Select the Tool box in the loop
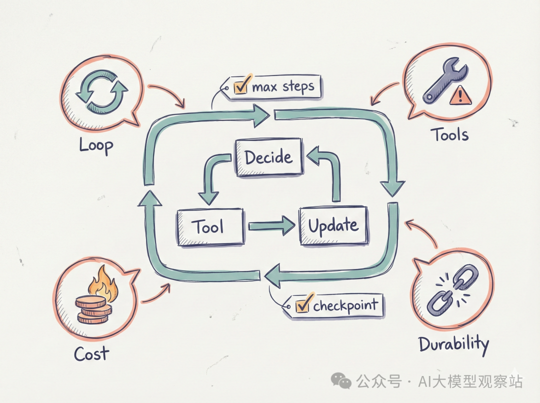210,227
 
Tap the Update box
333,225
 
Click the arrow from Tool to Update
271,226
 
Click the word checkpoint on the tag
345,305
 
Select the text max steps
283,86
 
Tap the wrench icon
444,80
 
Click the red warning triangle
460,95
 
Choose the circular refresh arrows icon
101,91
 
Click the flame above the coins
103,284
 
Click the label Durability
454,344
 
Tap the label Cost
91,353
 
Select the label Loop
96,145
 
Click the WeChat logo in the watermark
341,380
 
